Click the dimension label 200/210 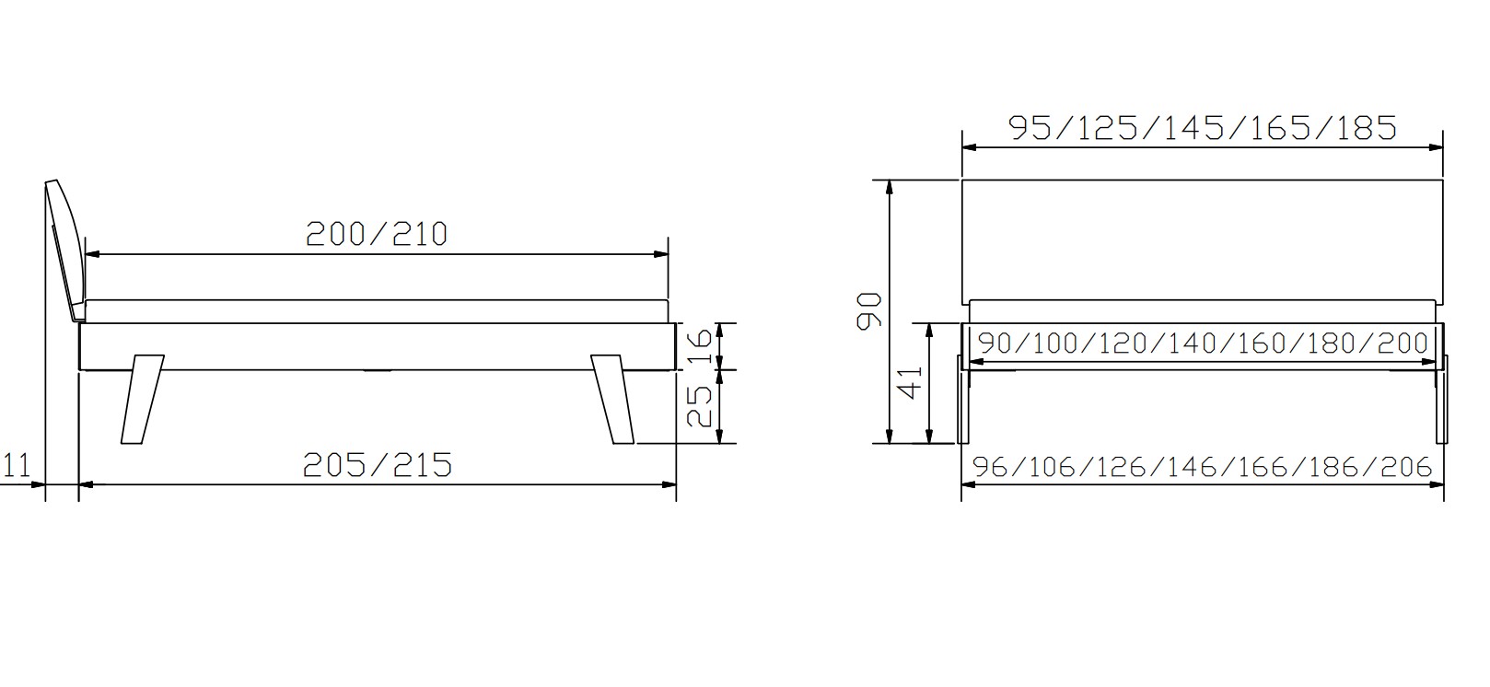point(377,234)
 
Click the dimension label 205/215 point(378,465)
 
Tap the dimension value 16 point(699,346)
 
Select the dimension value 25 point(699,406)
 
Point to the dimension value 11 point(17,466)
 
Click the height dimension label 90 point(868,310)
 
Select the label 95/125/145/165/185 point(1203,128)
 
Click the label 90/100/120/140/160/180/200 point(1203,343)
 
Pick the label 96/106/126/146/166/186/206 point(1202,467)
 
